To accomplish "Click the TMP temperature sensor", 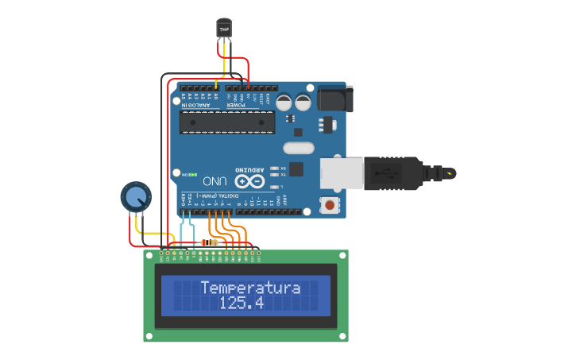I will click(x=224, y=29).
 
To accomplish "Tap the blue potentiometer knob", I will click(x=135, y=196).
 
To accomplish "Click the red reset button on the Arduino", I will click(x=329, y=206).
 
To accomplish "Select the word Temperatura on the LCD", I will click(x=250, y=288).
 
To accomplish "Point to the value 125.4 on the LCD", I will click(x=242, y=304).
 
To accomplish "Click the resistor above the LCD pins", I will click(x=211, y=242).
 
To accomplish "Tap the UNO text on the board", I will click(x=215, y=180).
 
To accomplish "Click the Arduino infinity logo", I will click(x=248, y=182).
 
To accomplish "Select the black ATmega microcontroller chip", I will click(x=227, y=122).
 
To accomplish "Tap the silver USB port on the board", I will click(x=342, y=174).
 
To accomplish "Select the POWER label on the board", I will click(x=238, y=105).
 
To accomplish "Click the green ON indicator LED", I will click(x=191, y=173).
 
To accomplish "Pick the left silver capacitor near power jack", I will click(x=284, y=102).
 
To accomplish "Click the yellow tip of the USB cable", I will click(x=450, y=172).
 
